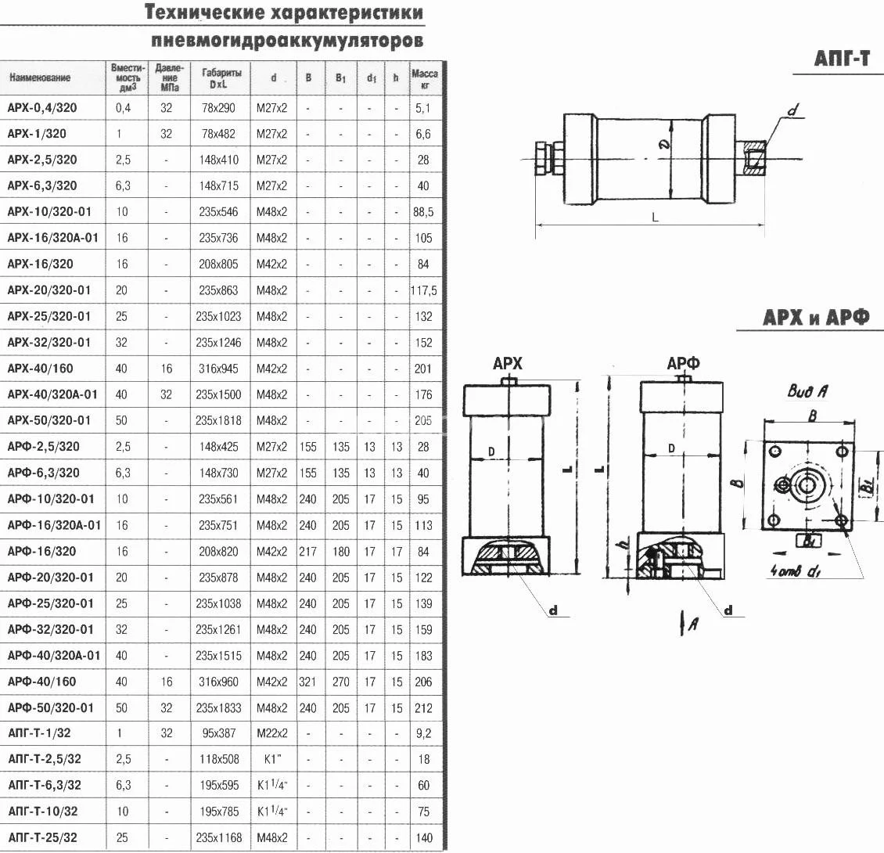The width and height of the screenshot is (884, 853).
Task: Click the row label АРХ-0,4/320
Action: (41, 107)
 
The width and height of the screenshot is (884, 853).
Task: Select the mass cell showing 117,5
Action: (423, 290)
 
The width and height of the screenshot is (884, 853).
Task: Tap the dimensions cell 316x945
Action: (218, 369)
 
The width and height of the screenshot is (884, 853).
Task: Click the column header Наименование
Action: (40, 77)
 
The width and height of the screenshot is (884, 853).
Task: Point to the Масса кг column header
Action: (424, 78)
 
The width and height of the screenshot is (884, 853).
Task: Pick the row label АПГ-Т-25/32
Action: (42, 837)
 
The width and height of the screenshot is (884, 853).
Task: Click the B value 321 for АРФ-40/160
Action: (308, 682)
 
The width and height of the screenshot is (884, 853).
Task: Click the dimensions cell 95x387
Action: (218, 733)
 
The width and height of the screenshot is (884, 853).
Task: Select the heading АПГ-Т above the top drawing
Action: (841, 59)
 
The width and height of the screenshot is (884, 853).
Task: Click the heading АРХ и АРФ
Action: (815, 319)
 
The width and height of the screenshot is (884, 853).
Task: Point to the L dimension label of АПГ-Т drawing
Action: (655, 218)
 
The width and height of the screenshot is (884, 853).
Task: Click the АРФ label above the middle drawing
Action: (683, 363)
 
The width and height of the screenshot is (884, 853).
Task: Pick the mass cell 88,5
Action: (423, 212)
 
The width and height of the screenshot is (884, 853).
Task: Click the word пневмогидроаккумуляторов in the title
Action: (287, 39)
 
